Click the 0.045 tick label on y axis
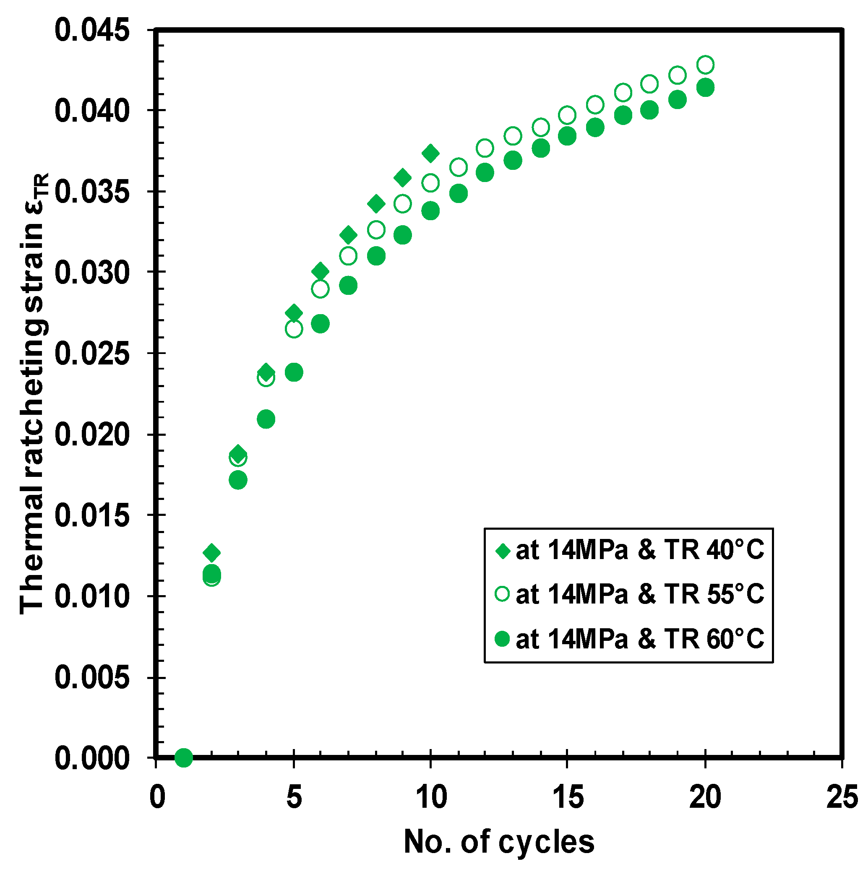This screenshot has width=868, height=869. (92, 31)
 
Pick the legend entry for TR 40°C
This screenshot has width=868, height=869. (630, 550)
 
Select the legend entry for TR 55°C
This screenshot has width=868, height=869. (630, 594)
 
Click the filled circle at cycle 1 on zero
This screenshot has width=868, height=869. (184, 758)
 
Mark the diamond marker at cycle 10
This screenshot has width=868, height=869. (430, 154)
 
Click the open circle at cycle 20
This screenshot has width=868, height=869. (705, 65)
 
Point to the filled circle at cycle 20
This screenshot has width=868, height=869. (705, 87)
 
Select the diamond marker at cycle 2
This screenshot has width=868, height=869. (211, 552)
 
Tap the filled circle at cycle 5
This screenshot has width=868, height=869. (294, 372)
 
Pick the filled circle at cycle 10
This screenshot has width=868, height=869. (430, 211)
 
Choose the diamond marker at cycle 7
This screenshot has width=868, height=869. (348, 235)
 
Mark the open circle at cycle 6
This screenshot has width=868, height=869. (320, 289)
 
